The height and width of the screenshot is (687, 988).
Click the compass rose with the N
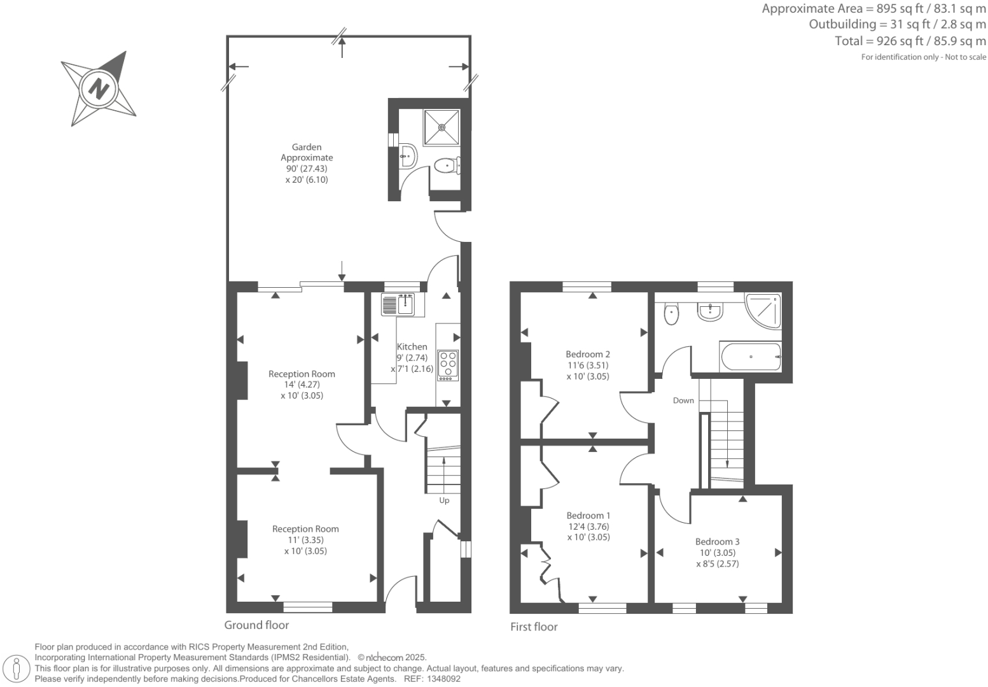coord(99,88)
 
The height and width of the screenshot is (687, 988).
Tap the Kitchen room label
coord(412,347)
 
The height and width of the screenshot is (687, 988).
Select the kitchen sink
coord(398,304)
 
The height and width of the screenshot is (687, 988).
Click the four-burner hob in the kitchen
coord(447,365)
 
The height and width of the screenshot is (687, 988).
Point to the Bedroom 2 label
coord(588,355)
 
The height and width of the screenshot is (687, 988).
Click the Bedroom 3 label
coord(717,542)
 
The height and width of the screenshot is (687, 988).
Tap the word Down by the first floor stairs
coord(683,400)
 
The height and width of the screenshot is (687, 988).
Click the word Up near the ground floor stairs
coord(444,500)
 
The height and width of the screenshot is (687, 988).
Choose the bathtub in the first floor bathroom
coord(750,357)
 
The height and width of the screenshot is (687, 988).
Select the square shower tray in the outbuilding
coord(442,127)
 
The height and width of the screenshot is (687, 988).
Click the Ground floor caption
coord(256,625)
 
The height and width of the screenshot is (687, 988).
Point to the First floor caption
coord(534,627)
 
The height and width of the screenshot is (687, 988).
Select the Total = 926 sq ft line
coord(910,41)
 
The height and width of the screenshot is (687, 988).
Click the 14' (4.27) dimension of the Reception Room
coord(302,385)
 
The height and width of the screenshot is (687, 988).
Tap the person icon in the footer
coord(17,669)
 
